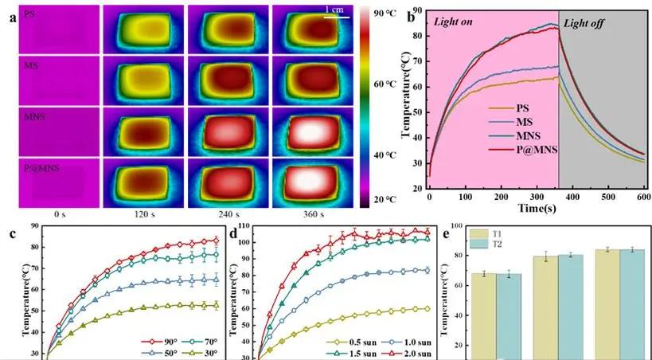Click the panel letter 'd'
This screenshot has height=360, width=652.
coord(234,233)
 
